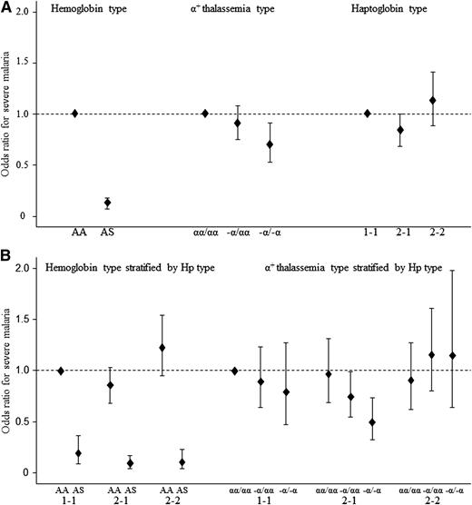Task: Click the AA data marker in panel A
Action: (74, 114)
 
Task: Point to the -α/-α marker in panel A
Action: (270, 144)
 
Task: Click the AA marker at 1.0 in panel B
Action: (61, 371)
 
